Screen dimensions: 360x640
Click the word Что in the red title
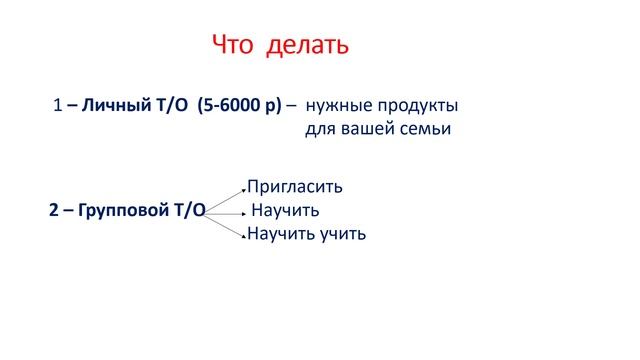pyautogui.click(x=236, y=46)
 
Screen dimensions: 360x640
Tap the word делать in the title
pyautogui.click(x=308, y=46)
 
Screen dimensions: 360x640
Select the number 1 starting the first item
pyautogui.click(x=58, y=105)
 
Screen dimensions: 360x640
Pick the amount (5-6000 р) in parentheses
pyautogui.click(x=240, y=105)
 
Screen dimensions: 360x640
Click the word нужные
pyautogui.click(x=336, y=105)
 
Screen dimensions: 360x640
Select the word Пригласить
pyautogui.click(x=295, y=187)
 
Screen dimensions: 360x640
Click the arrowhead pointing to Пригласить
pyautogui.click(x=243, y=189)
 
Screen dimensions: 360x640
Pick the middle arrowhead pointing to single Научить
pyautogui.click(x=242, y=212)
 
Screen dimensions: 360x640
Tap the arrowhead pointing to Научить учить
pyautogui.click(x=243, y=236)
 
